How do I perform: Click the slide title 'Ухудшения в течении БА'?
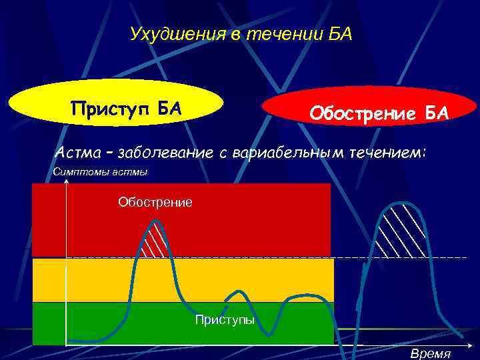[240, 33]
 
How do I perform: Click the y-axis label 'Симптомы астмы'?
[100, 173]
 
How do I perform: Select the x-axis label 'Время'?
[430, 354]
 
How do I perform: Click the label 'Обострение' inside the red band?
[155, 201]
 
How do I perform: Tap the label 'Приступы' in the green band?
[225, 320]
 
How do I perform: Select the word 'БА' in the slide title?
[338, 33]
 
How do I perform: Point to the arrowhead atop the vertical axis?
[66, 181]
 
